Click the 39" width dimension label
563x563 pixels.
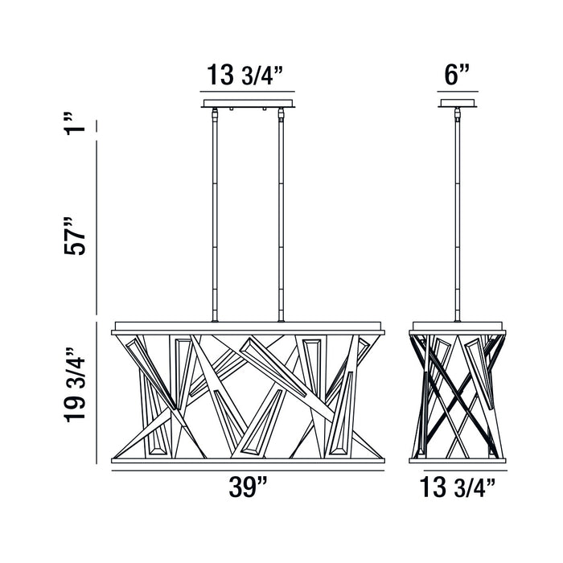pyautogui.click(x=248, y=487)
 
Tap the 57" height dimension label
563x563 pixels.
pyautogui.click(x=75, y=236)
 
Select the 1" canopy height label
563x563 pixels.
pyautogui.click(x=75, y=123)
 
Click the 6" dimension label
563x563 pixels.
pyautogui.click(x=457, y=75)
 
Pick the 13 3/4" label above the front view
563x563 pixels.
pyautogui.click(x=245, y=75)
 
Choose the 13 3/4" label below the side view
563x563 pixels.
pyautogui.click(x=458, y=487)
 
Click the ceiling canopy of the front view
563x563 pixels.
pyautogui.click(x=248, y=104)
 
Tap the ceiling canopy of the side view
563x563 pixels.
pyautogui.click(x=458, y=104)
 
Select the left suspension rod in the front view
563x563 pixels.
pyautogui.click(x=215, y=215)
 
